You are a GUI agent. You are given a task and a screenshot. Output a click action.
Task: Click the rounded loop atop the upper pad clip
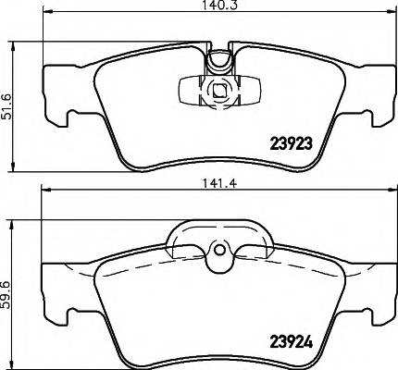tap(219, 60)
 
